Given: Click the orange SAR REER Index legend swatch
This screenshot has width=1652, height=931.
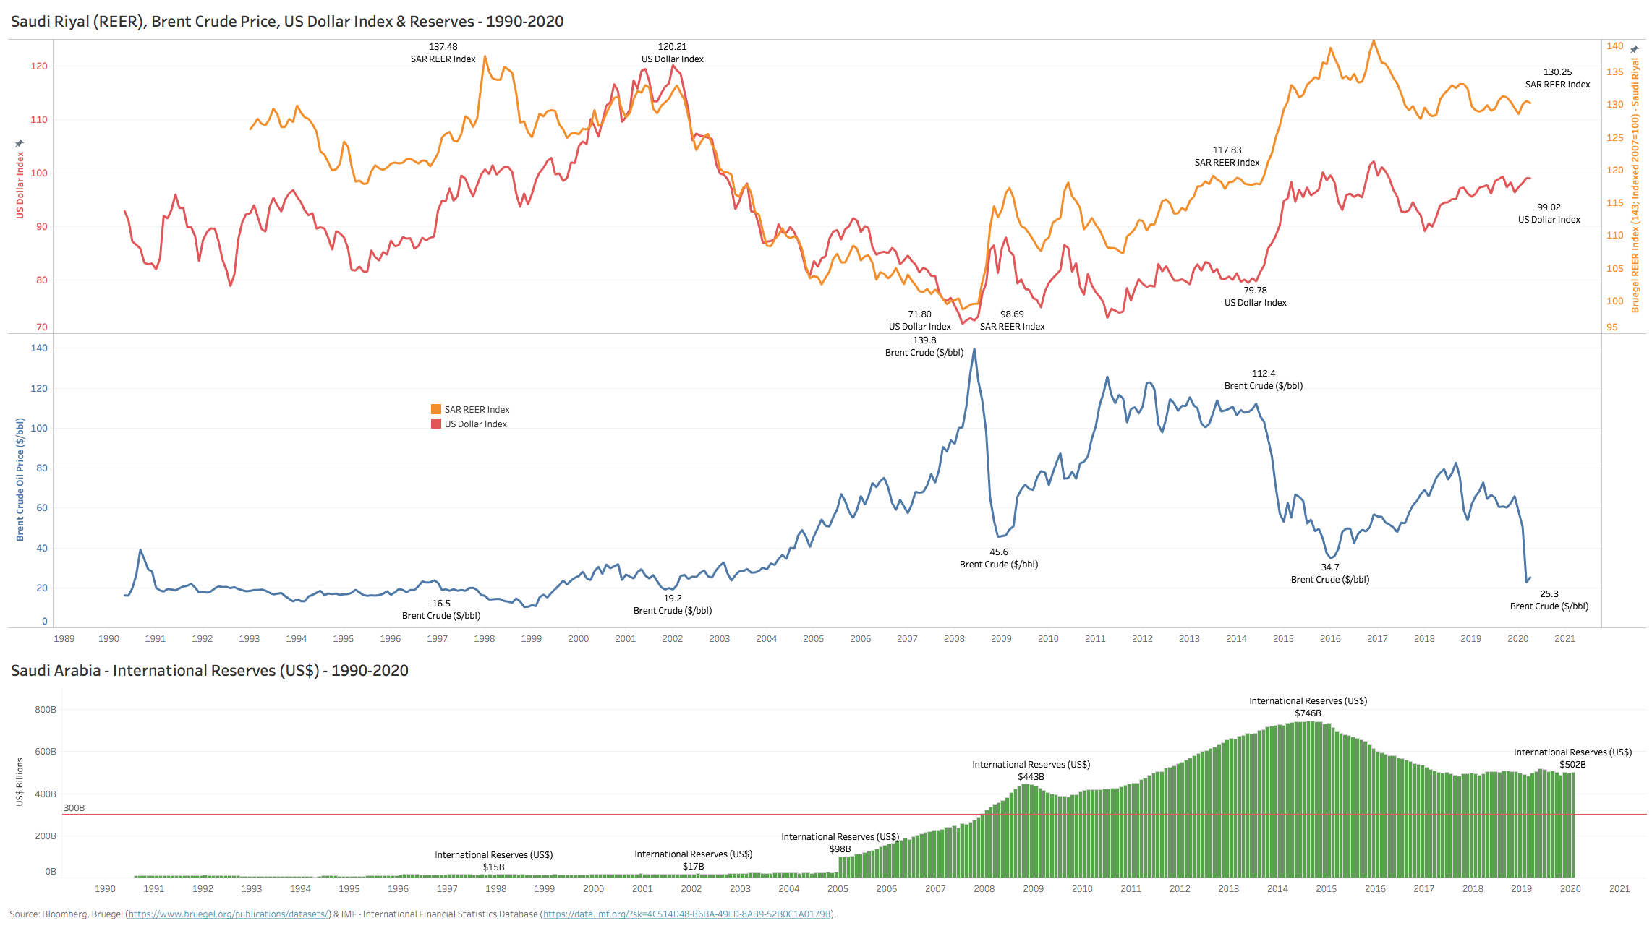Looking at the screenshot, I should [436, 410].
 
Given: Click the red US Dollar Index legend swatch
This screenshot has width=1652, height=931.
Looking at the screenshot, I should [436, 424].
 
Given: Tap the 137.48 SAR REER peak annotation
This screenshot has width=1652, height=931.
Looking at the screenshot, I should [443, 53].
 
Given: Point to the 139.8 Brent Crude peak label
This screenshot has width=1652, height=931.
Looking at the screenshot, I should [924, 346].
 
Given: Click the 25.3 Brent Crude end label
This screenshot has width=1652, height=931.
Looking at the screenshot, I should [1549, 600].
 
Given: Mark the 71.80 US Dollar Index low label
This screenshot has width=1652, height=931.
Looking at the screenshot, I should [919, 320].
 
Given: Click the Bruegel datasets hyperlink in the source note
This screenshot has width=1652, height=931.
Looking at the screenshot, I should [229, 914].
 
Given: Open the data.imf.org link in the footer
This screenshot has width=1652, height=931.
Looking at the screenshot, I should [686, 914].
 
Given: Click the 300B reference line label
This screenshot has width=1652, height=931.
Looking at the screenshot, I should [74, 808].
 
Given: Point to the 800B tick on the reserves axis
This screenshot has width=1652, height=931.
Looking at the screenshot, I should [46, 710].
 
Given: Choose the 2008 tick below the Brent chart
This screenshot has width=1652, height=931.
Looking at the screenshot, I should [954, 639].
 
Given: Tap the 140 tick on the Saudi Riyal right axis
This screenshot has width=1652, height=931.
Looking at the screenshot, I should [1614, 46].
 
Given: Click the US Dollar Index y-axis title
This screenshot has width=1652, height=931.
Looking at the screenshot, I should [20, 184].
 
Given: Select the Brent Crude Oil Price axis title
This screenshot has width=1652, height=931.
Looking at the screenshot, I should [20, 479].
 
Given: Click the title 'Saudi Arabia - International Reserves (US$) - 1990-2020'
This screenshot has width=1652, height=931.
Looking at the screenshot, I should [210, 671].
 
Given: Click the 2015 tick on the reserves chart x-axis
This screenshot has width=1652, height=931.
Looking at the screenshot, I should [1326, 889].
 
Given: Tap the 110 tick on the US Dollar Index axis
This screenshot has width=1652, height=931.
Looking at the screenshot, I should [39, 120].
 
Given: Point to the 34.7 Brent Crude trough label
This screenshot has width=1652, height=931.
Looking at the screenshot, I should [1329, 573].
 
